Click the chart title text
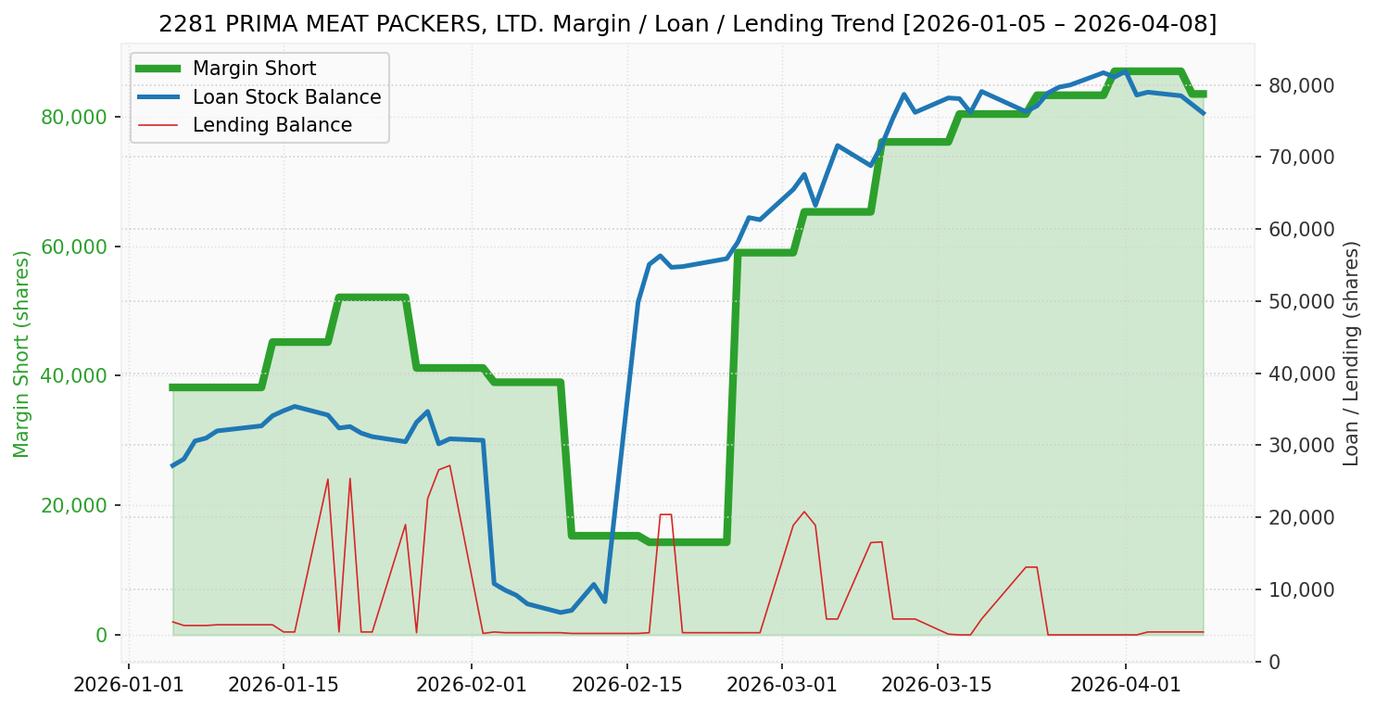688,24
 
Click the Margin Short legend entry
254,69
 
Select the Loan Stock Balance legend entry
286,97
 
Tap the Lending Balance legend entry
271,125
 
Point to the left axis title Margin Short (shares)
21,354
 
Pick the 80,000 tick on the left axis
74,117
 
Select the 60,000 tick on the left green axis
74,247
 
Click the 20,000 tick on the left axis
74,505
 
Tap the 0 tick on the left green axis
101,635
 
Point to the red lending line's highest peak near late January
449,465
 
